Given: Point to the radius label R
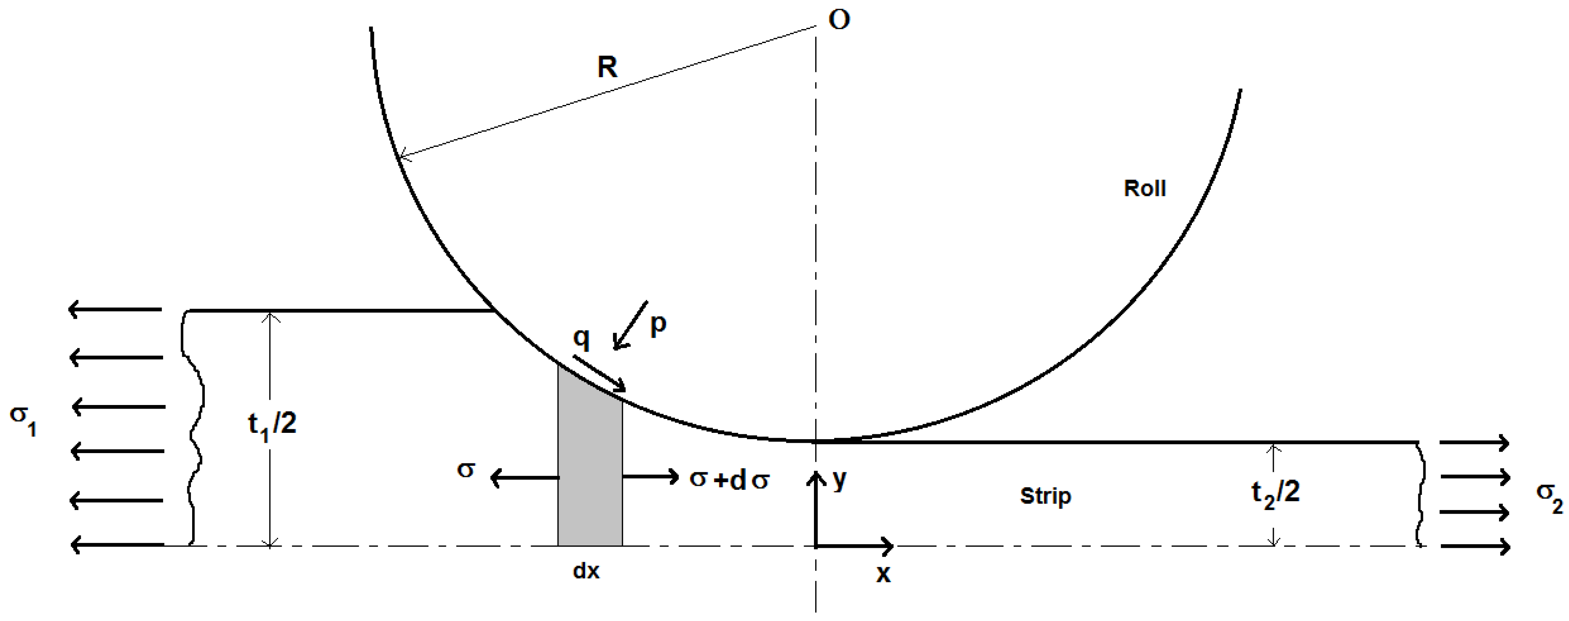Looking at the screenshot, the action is click(607, 67).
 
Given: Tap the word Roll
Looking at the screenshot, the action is click(1145, 188).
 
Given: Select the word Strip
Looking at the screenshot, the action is click(1045, 496).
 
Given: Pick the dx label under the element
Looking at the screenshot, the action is click(586, 571).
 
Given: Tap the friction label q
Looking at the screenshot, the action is click(582, 338).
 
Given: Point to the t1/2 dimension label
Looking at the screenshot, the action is click(272, 423).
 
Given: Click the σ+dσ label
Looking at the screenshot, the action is click(729, 480).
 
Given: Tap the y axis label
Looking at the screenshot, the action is click(839, 480).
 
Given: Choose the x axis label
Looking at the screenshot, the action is click(883, 574).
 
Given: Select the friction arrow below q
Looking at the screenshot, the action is click(599, 373).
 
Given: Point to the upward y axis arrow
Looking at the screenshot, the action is click(816, 505).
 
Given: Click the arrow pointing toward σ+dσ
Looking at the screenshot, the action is click(650, 477).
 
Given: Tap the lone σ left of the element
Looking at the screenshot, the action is click(466, 470).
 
